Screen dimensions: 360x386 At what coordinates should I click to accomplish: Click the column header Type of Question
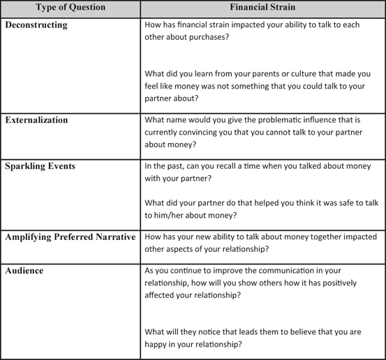coord(70,8)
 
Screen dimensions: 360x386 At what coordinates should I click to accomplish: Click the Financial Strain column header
coord(262,8)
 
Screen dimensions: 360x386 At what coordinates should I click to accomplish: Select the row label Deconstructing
coord(36,25)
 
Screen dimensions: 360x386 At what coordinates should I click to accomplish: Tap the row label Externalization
coord(36,120)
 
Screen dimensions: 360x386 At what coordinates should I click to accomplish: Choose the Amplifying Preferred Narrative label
coord(70,237)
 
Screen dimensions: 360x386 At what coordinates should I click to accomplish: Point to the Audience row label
coord(24,271)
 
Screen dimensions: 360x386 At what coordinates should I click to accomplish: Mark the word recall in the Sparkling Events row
coord(248,167)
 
